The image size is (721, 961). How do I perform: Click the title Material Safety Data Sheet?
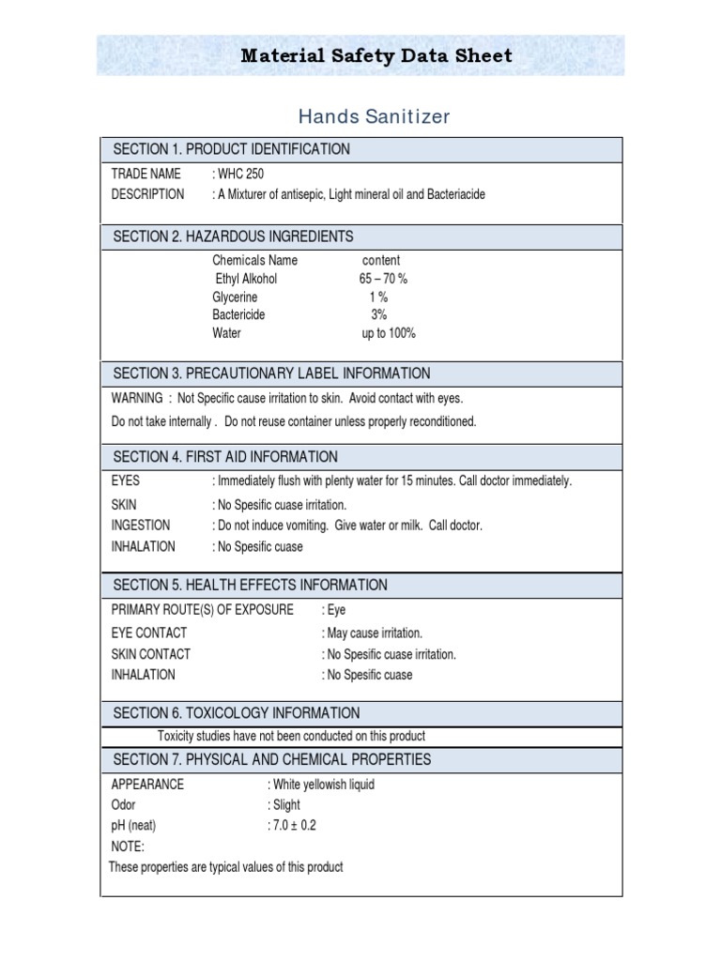point(376,56)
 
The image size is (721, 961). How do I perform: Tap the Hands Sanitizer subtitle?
point(375,117)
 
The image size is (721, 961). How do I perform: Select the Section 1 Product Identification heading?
point(231,149)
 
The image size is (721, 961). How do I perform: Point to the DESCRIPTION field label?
point(147,194)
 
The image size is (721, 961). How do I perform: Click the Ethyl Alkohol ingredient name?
point(246,279)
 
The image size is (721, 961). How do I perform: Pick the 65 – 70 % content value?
point(383,279)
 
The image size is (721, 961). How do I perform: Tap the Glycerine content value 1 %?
point(378,297)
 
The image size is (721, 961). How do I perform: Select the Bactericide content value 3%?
point(378,314)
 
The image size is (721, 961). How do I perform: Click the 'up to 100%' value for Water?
point(389,333)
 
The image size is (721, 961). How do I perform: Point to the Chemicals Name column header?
point(254,260)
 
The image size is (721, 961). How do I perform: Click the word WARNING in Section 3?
point(137,398)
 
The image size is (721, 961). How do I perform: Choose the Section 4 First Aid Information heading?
point(225,457)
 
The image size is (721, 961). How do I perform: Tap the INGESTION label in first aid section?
point(141,526)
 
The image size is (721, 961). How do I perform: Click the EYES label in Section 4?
point(126,480)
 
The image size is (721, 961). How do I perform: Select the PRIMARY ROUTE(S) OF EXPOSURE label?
point(202,610)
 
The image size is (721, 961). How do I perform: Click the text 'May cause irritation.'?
point(375,633)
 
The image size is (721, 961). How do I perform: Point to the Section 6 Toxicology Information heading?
point(236,713)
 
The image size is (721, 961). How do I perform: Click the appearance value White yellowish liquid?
point(323,785)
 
